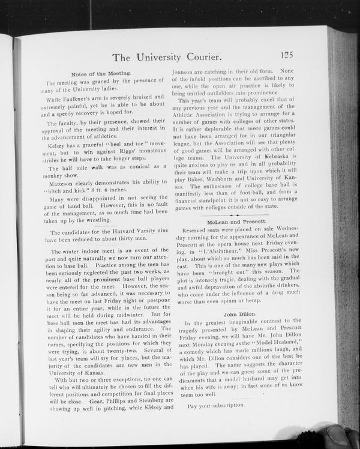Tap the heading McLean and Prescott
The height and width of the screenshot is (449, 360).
click(237, 221)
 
